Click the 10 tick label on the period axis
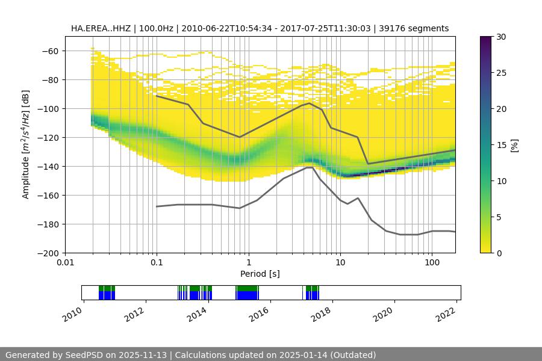(x=340, y=262)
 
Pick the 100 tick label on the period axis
(x=432, y=262)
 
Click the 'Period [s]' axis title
(x=260, y=274)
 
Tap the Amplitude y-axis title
(x=26, y=144)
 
